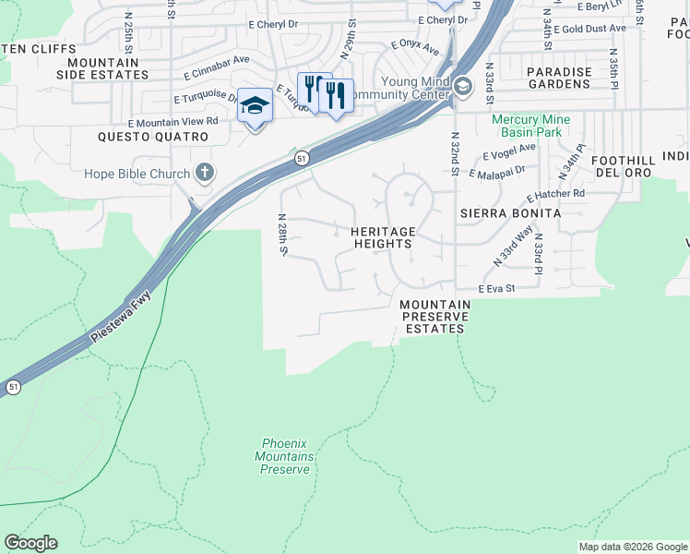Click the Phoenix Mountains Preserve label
pyautogui.click(x=284, y=456)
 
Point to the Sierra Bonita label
pyautogui.click(x=510, y=212)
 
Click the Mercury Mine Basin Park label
pyautogui.click(x=530, y=126)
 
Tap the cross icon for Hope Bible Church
pyautogui.click(x=205, y=173)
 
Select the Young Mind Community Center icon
pyautogui.click(x=462, y=86)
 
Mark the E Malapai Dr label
pyautogui.click(x=496, y=171)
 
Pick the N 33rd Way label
pyautogui.click(x=513, y=247)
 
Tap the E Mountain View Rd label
pyautogui.click(x=173, y=121)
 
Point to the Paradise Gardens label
pyautogui.click(x=558, y=78)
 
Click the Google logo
pyautogui.click(x=30, y=543)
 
